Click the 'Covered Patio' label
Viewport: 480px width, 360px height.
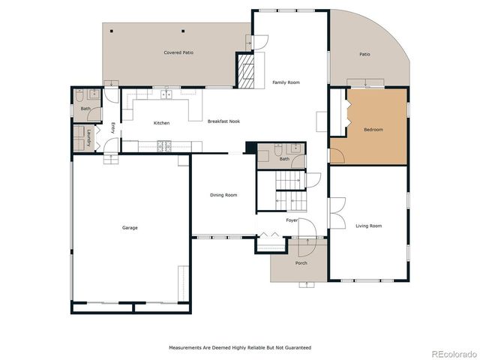[178, 52]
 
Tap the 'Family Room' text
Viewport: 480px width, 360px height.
[286, 82]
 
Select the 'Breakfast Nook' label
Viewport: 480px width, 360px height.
[223, 122]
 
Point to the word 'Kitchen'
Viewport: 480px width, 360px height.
[161, 123]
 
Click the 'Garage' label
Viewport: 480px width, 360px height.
[130, 227]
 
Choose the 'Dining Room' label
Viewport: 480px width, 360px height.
[223, 195]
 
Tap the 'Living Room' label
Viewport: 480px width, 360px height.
[368, 226]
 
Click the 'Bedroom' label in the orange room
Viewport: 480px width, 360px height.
[373, 130]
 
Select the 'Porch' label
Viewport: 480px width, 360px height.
[301, 262]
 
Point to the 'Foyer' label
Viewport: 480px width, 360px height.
[292, 220]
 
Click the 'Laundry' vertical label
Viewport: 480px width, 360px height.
[88, 138]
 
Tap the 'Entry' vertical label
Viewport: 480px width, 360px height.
[112, 127]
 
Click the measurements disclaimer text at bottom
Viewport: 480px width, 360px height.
[238, 347]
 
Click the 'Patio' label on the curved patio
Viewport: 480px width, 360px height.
[364, 54]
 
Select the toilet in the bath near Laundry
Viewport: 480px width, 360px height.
[79, 96]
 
